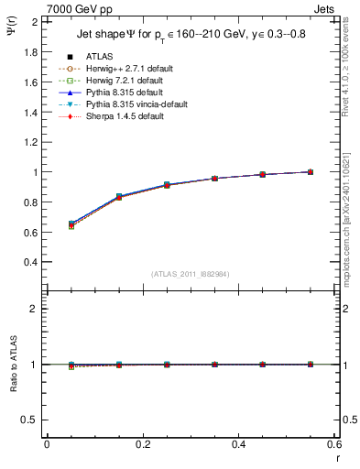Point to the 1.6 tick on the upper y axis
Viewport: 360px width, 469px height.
click(31, 82)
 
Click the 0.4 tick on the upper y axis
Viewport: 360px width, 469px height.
click(31, 261)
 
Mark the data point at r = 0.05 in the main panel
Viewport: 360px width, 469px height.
click(71, 224)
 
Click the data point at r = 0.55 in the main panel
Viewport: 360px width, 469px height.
click(311, 171)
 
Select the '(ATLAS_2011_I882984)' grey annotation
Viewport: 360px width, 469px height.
click(190, 274)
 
